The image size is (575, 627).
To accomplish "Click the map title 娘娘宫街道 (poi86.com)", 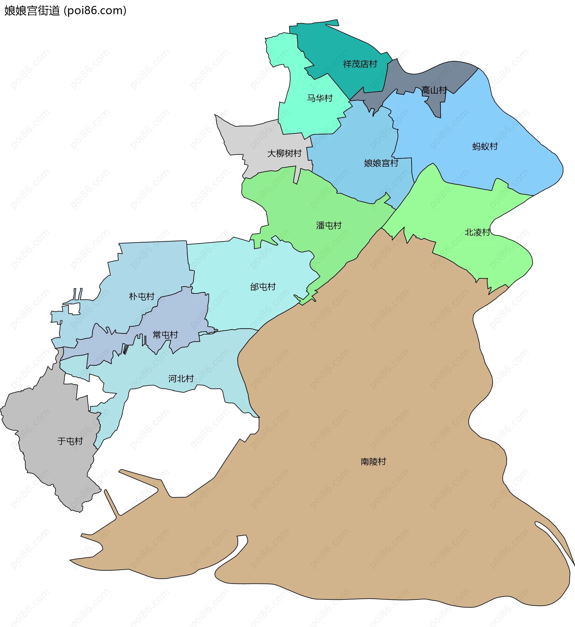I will pyautogui.click(x=65, y=10).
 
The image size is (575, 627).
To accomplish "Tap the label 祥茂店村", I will pyautogui.click(x=360, y=64).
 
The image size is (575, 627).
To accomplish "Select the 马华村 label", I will pyautogui.click(x=320, y=98).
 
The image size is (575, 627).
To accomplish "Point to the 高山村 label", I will pyautogui.click(x=434, y=90).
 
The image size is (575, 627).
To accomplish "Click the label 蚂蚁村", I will pyautogui.click(x=485, y=146).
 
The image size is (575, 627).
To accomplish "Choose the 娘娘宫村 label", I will pyautogui.click(x=381, y=163).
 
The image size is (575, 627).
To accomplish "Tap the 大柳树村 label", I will pyautogui.click(x=284, y=153).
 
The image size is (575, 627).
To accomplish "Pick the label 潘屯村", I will pyautogui.click(x=329, y=225).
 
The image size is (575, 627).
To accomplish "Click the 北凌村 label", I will pyautogui.click(x=477, y=232).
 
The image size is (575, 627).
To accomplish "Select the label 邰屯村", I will pyautogui.click(x=263, y=287).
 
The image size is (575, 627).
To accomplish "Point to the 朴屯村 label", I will pyautogui.click(x=142, y=296).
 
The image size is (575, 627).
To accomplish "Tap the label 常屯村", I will pyautogui.click(x=165, y=335).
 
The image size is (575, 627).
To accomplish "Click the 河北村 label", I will pyautogui.click(x=181, y=379).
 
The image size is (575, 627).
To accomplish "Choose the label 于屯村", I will pyautogui.click(x=70, y=441).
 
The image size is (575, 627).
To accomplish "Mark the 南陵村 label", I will pyautogui.click(x=373, y=461).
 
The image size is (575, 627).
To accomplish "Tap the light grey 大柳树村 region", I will pyautogui.click(x=249, y=137).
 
